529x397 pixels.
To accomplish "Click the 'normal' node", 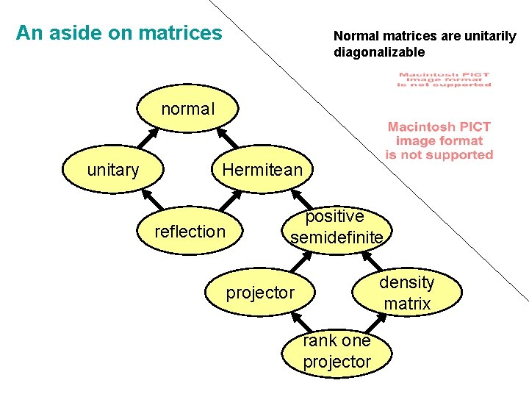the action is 187,110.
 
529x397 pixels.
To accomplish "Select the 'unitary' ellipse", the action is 112,171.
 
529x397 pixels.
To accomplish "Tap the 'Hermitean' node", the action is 262,171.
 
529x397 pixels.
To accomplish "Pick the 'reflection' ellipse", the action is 190,232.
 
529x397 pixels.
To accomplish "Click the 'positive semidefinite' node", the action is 336,227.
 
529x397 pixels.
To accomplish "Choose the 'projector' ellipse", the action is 260,293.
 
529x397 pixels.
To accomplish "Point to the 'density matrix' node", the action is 407,293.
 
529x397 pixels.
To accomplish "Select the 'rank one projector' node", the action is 337,351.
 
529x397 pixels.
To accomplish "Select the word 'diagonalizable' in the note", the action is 379,52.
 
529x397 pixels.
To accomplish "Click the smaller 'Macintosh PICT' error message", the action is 444,79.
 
